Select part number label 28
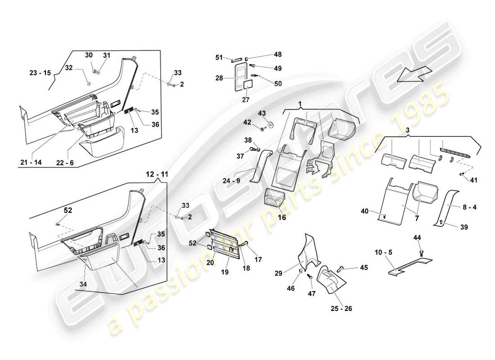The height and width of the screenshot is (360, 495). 220,78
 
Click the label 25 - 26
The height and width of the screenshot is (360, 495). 341,309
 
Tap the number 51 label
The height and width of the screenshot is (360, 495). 220,57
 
